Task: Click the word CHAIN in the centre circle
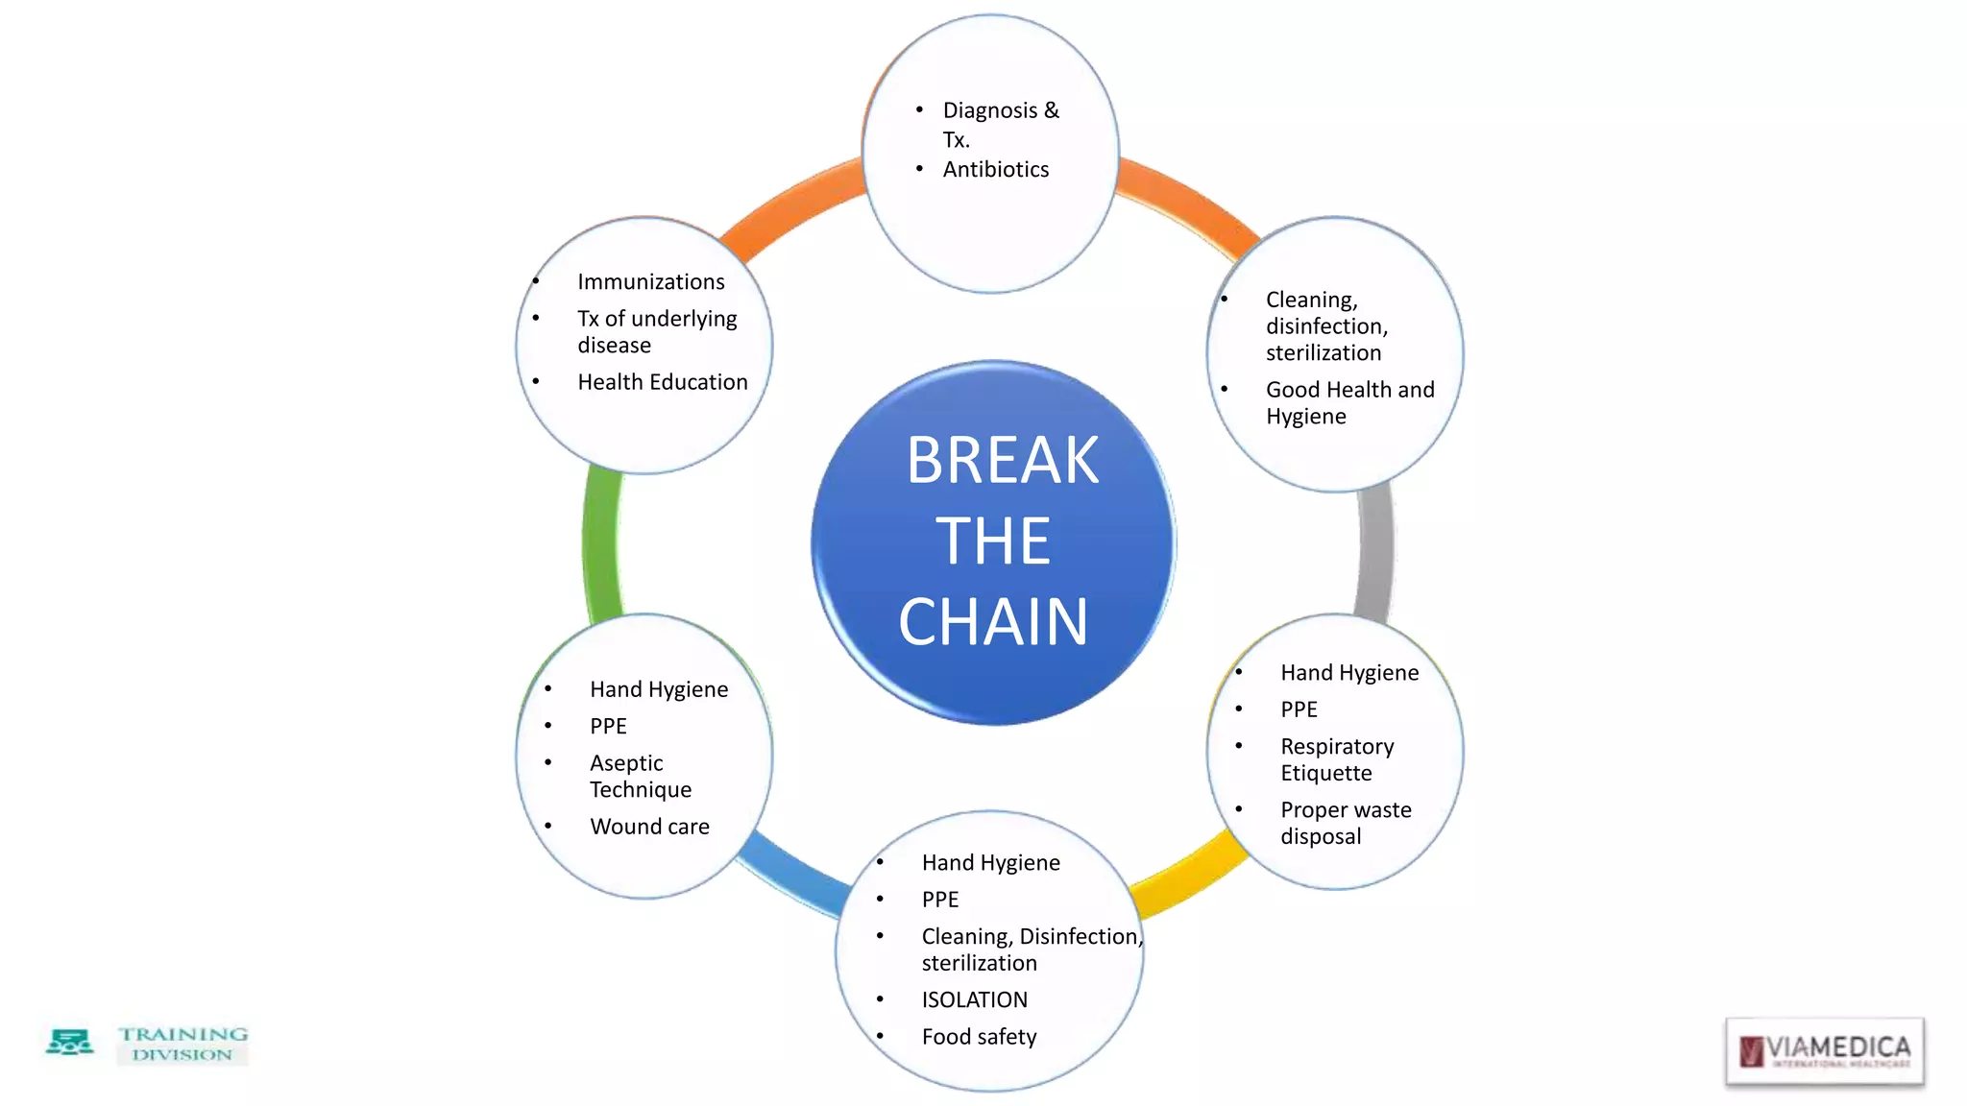point(993,622)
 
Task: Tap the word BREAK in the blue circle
point(1002,461)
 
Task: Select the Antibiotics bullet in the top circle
point(995,170)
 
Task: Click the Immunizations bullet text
point(650,282)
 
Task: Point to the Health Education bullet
point(662,382)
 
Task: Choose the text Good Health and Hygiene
point(1348,403)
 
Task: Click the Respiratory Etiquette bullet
point(1336,759)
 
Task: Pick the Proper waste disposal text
point(1345,823)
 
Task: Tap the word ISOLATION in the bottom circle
point(974,1000)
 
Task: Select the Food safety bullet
point(979,1037)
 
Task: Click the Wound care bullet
point(649,827)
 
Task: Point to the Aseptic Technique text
point(640,776)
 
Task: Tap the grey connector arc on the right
point(1375,552)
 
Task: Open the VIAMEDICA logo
point(1824,1051)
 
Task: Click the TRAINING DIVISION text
point(182,1044)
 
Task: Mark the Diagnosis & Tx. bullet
point(999,125)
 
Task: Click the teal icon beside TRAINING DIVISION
point(69,1043)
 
